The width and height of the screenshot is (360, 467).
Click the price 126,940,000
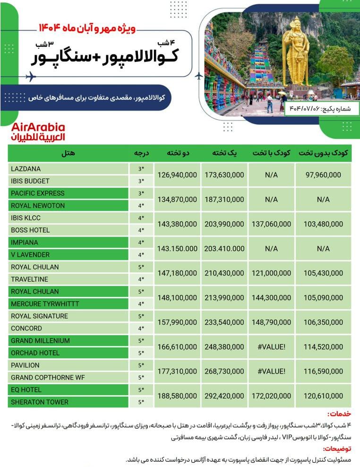(x=177, y=175)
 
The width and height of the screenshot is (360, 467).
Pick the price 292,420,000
(x=224, y=396)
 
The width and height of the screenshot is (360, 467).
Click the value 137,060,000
(x=272, y=224)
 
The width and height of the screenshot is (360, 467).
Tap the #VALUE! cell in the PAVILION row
(x=272, y=372)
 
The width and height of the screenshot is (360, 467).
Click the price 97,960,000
(x=324, y=175)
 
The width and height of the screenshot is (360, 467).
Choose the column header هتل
(x=68, y=153)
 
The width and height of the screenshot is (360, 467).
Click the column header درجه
(x=141, y=153)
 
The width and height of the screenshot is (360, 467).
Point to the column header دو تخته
(x=177, y=153)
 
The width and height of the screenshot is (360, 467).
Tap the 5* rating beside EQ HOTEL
(x=141, y=390)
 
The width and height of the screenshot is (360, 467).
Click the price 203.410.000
(x=224, y=249)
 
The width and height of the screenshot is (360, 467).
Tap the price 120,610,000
(x=324, y=396)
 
